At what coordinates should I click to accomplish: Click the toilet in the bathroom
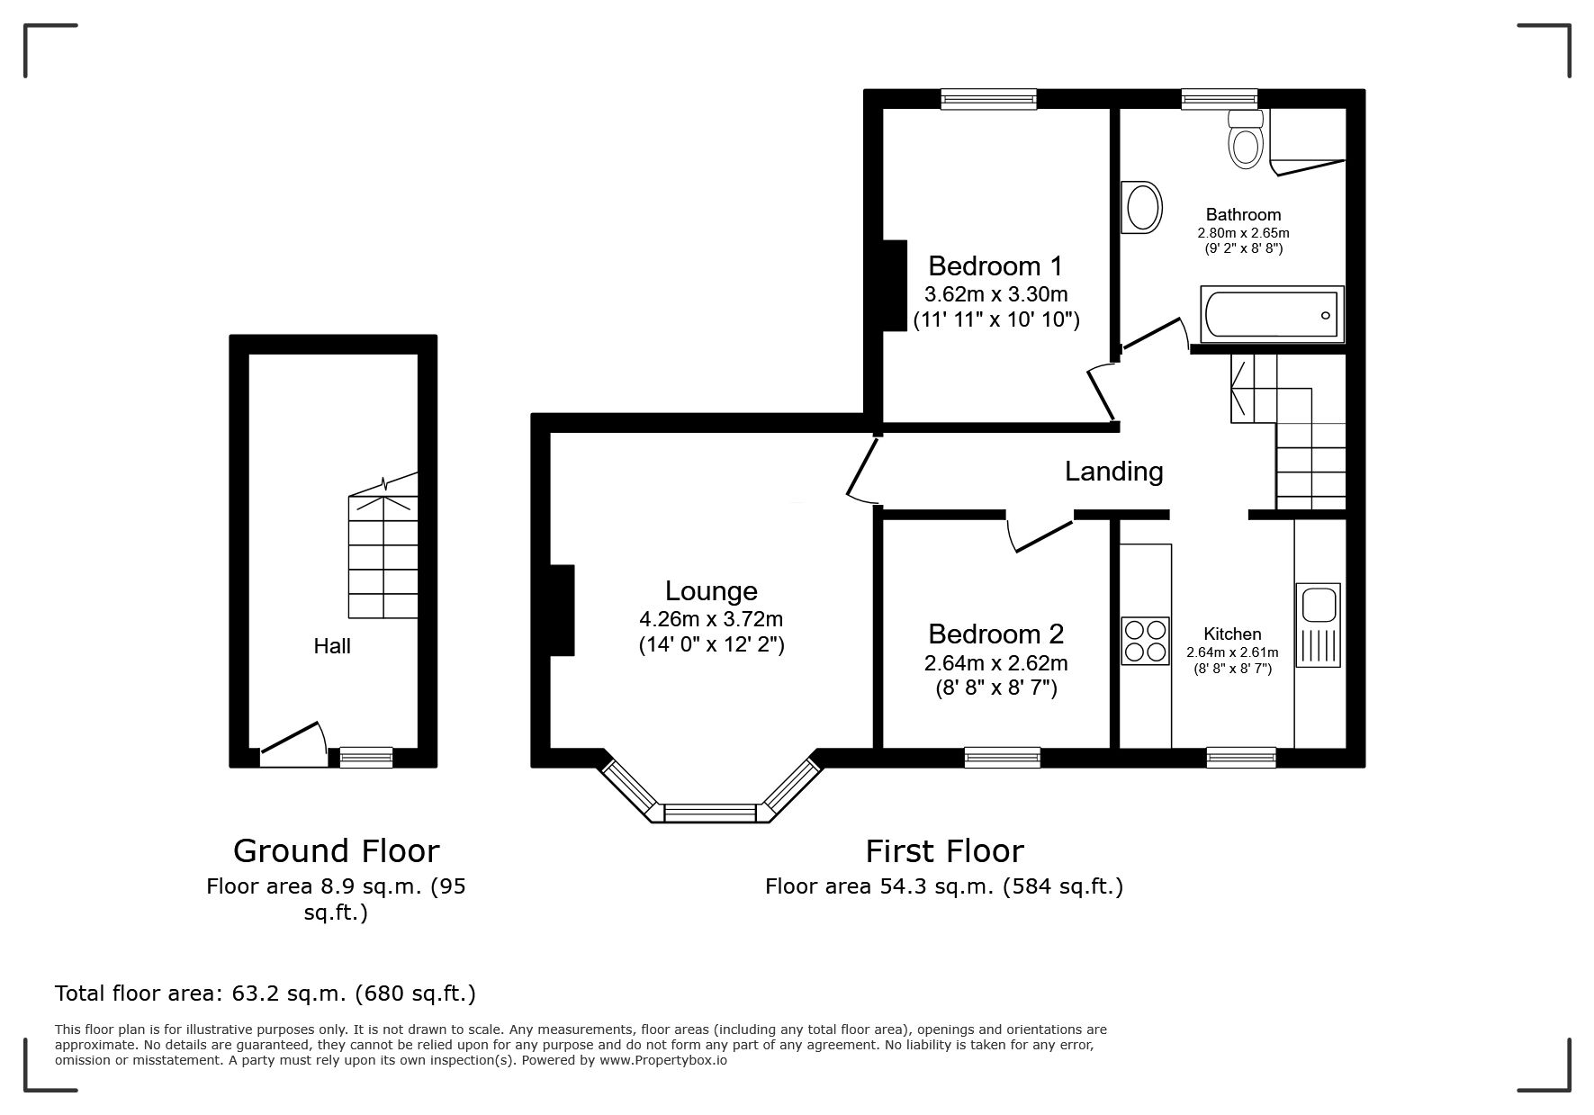point(1246,139)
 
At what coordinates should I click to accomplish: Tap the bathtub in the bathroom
point(1272,315)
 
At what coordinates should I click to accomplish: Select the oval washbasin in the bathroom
point(1141,207)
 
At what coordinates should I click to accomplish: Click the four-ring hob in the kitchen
point(1145,641)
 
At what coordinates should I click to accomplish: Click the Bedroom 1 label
point(995,266)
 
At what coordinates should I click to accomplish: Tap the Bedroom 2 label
point(995,634)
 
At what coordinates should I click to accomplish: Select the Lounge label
point(711,591)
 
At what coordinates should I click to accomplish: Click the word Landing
point(1114,472)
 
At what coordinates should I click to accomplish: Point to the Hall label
point(332,646)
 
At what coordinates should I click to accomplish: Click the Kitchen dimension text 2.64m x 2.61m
point(1232,652)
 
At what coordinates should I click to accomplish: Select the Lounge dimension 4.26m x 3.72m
point(711,619)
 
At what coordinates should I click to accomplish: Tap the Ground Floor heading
point(337,851)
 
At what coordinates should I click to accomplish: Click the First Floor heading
point(945,851)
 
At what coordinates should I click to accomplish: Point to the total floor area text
point(266,994)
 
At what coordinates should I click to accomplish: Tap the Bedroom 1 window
point(988,99)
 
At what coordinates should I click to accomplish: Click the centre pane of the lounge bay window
point(709,813)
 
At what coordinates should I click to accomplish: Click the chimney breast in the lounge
point(562,610)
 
